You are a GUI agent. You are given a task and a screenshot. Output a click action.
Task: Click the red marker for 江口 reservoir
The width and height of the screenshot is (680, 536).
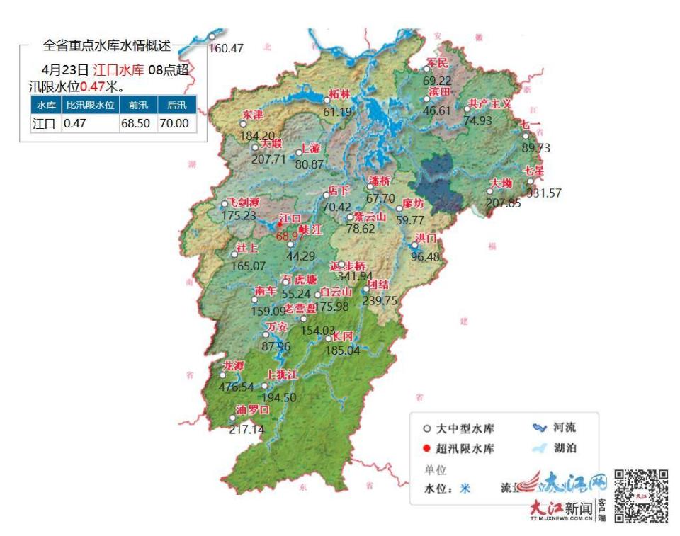click(280, 224)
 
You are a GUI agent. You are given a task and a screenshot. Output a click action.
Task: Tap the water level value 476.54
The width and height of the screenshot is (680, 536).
click(238, 387)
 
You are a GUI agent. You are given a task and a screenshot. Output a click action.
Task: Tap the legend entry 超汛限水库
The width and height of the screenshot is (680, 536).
click(465, 448)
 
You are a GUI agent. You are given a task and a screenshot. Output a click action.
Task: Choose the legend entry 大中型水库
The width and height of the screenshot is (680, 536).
click(465, 429)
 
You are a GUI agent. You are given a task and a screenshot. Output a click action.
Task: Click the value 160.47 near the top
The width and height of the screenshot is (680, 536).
click(227, 49)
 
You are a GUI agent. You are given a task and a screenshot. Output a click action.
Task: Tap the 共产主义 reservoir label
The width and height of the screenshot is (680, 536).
click(489, 103)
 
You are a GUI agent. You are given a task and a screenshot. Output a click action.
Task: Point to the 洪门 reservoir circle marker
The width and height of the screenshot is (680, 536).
click(415, 246)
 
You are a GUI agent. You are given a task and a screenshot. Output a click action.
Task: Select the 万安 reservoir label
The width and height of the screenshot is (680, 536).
click(276, 327)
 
